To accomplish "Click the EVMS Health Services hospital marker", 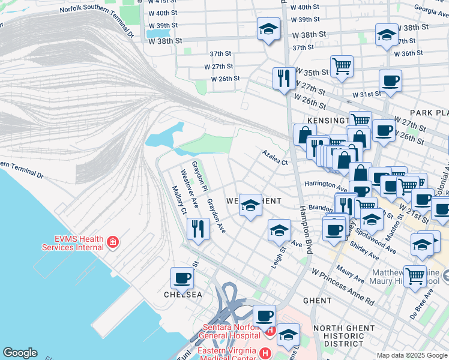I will tap(112, 242).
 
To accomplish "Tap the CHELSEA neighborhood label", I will tap(183, 295).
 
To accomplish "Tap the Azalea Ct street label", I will tap(275, 158).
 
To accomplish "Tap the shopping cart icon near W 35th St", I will tap(342, 66).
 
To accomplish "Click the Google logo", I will tap(20, 353).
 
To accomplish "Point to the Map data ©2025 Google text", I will tap(411, 355).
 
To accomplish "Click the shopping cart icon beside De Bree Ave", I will tap(415, 275).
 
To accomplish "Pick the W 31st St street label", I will tap(367, 94).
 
